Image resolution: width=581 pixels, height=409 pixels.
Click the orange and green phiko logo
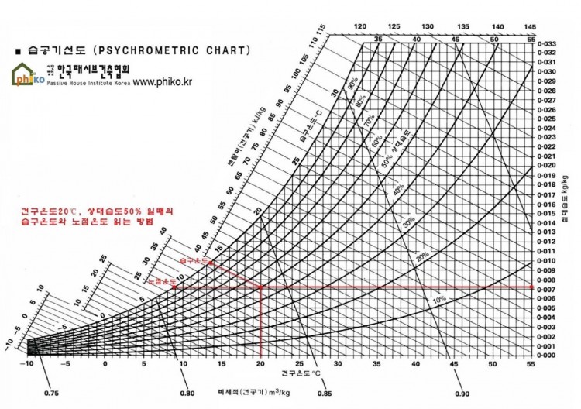27,75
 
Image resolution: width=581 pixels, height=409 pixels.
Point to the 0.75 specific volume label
52,394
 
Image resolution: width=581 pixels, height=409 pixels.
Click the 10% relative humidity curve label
438,299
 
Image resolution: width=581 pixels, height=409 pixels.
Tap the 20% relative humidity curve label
422,256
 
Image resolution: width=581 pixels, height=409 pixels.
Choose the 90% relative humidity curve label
352,81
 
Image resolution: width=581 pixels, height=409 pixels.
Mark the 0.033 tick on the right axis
547,43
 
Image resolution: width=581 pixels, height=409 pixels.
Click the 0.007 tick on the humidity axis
547,290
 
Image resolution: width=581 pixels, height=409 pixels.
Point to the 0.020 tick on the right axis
547,166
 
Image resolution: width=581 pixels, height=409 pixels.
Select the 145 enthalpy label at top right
531,26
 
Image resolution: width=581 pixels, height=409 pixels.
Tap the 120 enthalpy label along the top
359,26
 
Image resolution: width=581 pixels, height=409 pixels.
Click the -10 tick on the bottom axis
29,363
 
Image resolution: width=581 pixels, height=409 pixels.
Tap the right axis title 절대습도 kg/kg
563,198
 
